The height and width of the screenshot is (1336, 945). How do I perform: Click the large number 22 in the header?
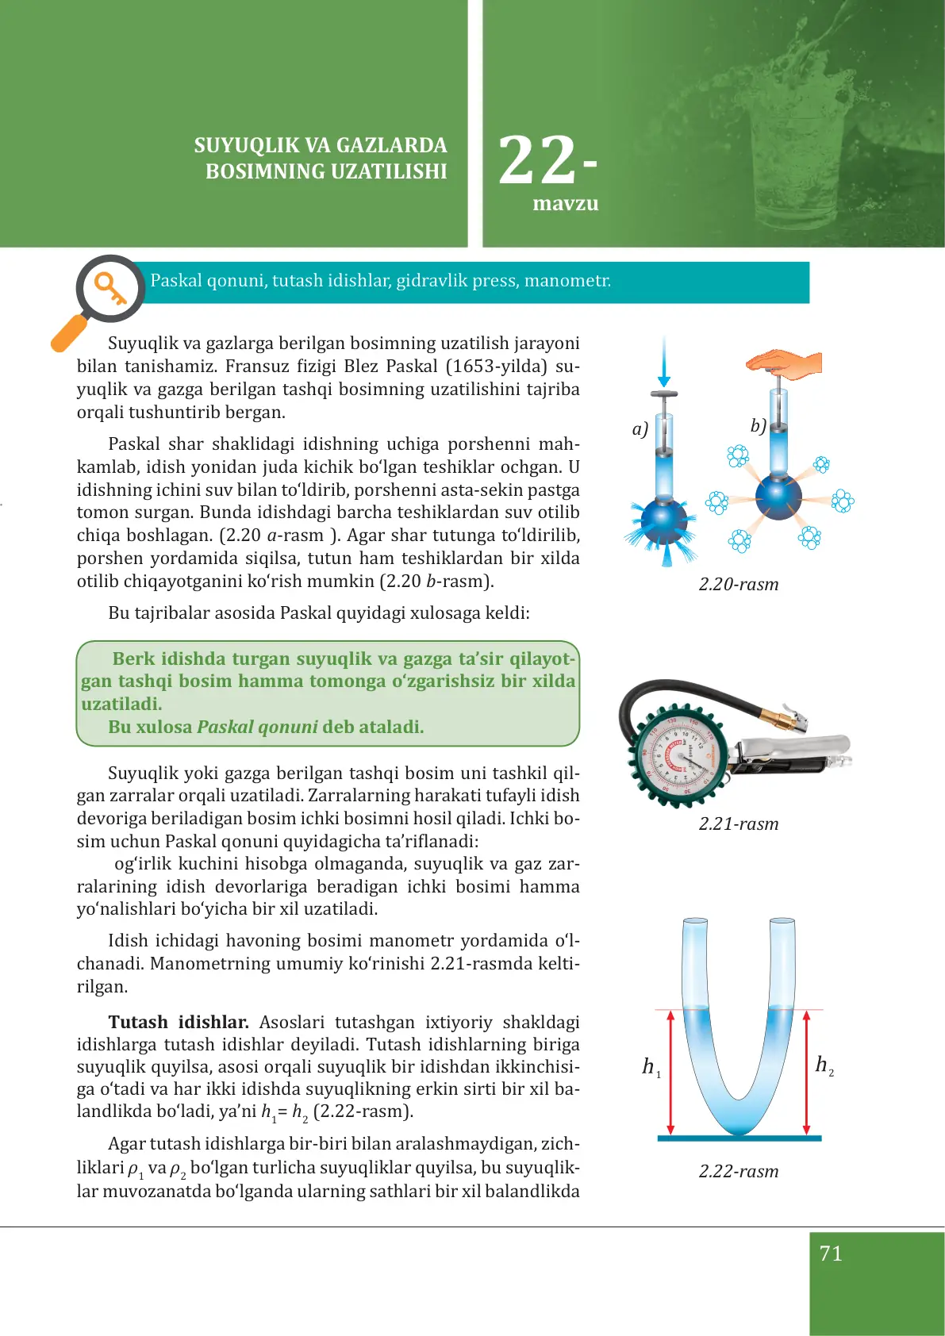coord(537,161)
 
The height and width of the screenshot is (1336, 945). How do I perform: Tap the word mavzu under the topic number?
coord(565,204)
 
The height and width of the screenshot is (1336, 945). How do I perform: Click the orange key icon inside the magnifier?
coord(110,288)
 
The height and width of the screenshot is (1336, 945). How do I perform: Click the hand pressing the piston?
coord(786,363)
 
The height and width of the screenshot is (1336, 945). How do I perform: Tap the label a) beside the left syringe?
coord(640,429)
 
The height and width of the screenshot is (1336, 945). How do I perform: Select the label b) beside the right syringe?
coord(758,426)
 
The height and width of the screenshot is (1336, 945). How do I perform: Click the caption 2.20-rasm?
coord(738,585)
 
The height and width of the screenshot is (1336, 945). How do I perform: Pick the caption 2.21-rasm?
coord(738,824)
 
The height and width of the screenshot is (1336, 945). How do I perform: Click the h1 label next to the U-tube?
coord(651,1067)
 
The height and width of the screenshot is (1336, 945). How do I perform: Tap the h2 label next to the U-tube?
coord(824,1065)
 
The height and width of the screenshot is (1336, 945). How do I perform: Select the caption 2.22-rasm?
coord(738,1172)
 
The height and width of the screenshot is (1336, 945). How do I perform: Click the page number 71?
coord(831,1253)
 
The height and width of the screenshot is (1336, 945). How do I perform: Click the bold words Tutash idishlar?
coord(179,1022)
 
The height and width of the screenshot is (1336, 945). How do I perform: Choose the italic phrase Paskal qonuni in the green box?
coord(257,727)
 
